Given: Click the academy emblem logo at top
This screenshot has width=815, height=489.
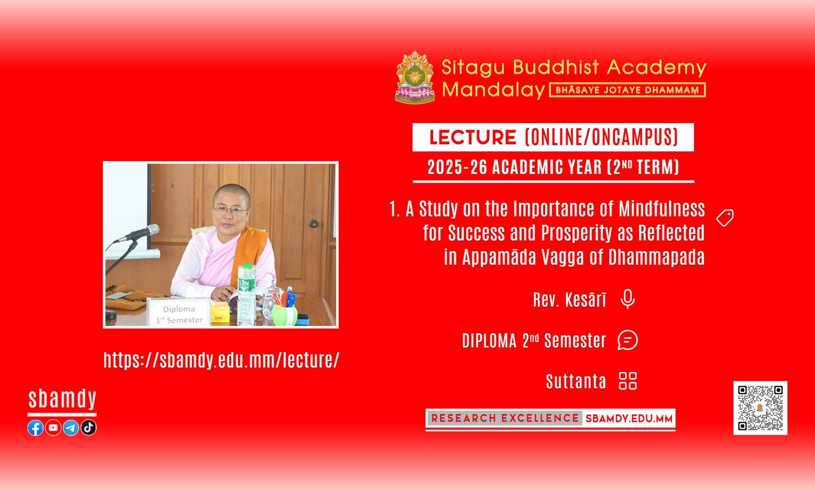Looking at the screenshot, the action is (415, 77).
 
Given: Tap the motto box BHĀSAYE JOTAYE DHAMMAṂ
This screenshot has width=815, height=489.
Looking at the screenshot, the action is (628, 90).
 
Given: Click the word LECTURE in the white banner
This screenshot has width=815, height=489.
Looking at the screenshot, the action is (473, 137).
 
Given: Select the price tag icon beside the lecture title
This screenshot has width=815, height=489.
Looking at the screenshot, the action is (725, 218).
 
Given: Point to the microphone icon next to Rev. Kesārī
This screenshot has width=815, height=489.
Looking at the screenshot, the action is (628, 299).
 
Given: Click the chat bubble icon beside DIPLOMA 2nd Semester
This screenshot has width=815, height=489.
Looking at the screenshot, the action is (628, 340).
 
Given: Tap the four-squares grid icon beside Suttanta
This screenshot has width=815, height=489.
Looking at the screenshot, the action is (628, 381).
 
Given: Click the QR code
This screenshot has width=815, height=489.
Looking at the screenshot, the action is (760, 408).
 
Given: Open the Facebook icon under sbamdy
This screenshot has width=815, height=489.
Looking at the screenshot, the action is (35, 427).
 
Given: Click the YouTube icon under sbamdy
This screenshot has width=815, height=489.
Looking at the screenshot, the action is (53, 427).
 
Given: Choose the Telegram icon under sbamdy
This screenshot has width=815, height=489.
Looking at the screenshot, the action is (70, 427).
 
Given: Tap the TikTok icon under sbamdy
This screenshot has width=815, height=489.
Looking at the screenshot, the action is (88, 427).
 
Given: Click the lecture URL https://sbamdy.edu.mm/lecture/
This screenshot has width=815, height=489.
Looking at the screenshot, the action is (221, 360).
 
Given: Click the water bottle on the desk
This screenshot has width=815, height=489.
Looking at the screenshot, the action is (247, 294).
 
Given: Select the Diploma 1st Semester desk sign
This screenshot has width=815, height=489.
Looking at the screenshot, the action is (179, 313).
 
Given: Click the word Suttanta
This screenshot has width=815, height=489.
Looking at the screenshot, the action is (576, 381).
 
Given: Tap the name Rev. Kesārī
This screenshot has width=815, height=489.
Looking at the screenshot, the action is (570, 300).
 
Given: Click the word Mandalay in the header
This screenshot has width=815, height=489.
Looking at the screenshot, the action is (493, 90).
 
